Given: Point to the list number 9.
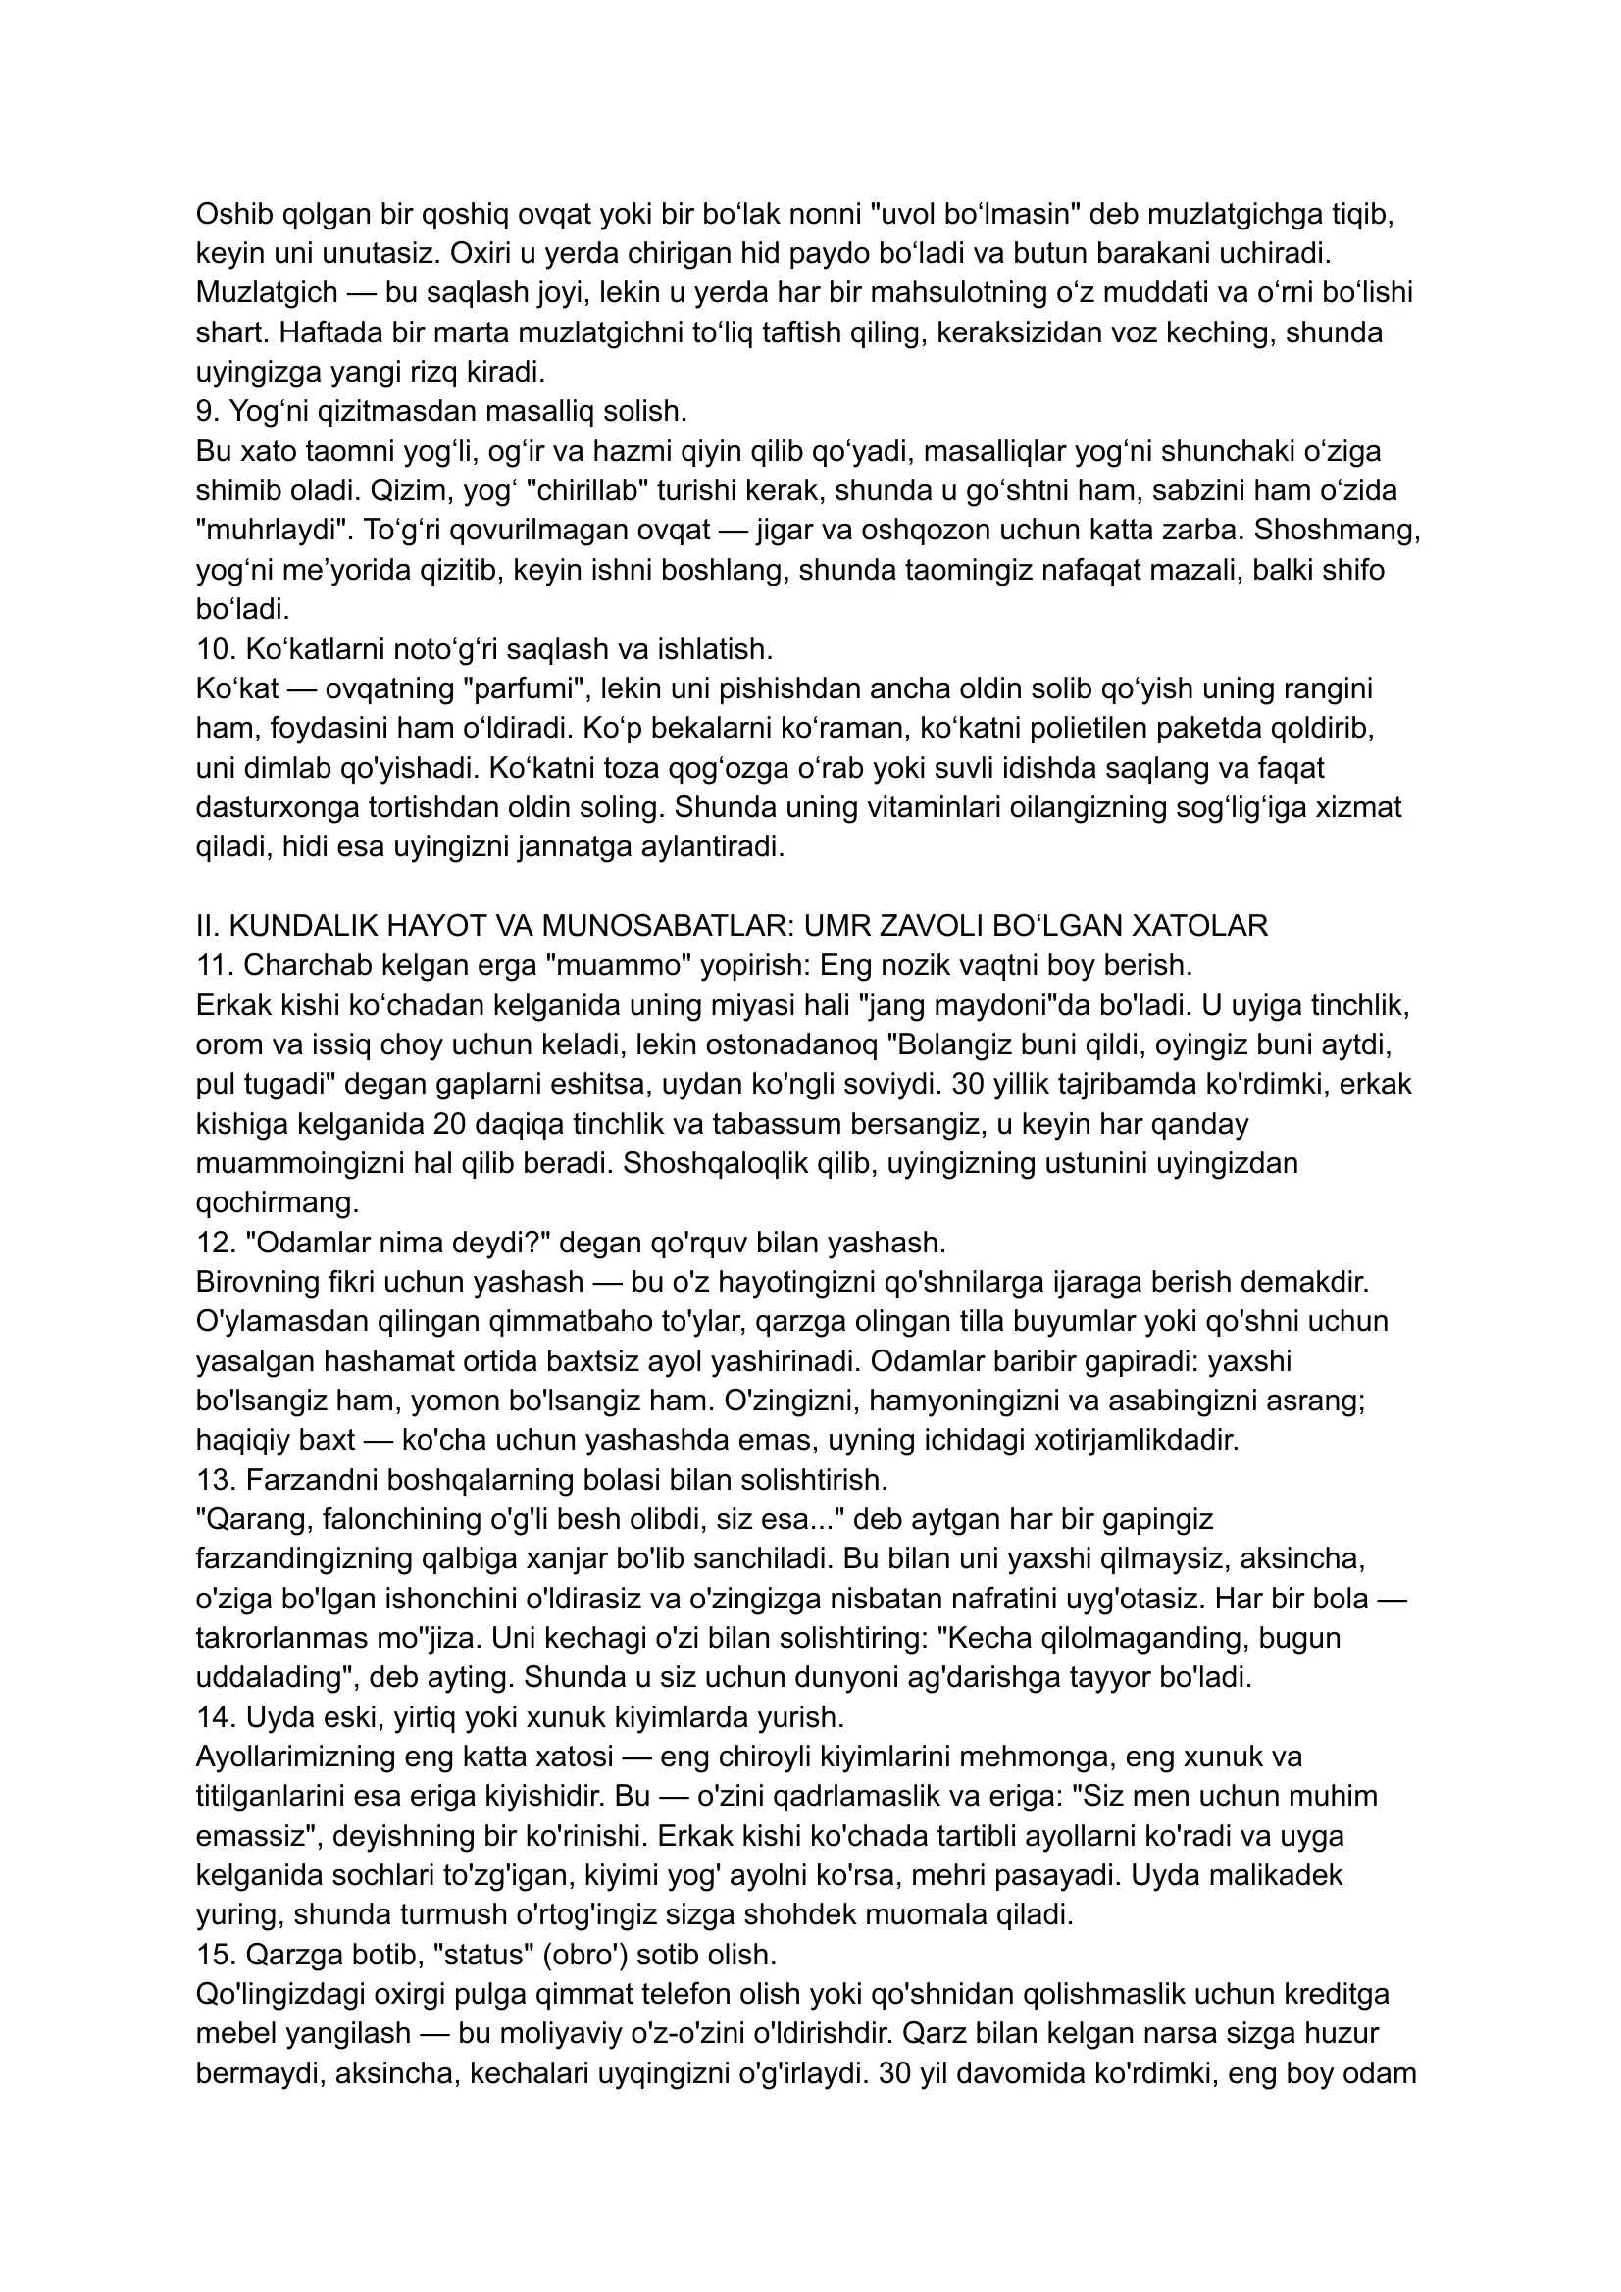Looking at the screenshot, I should (206, 410).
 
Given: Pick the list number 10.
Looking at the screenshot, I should (215, 649).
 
